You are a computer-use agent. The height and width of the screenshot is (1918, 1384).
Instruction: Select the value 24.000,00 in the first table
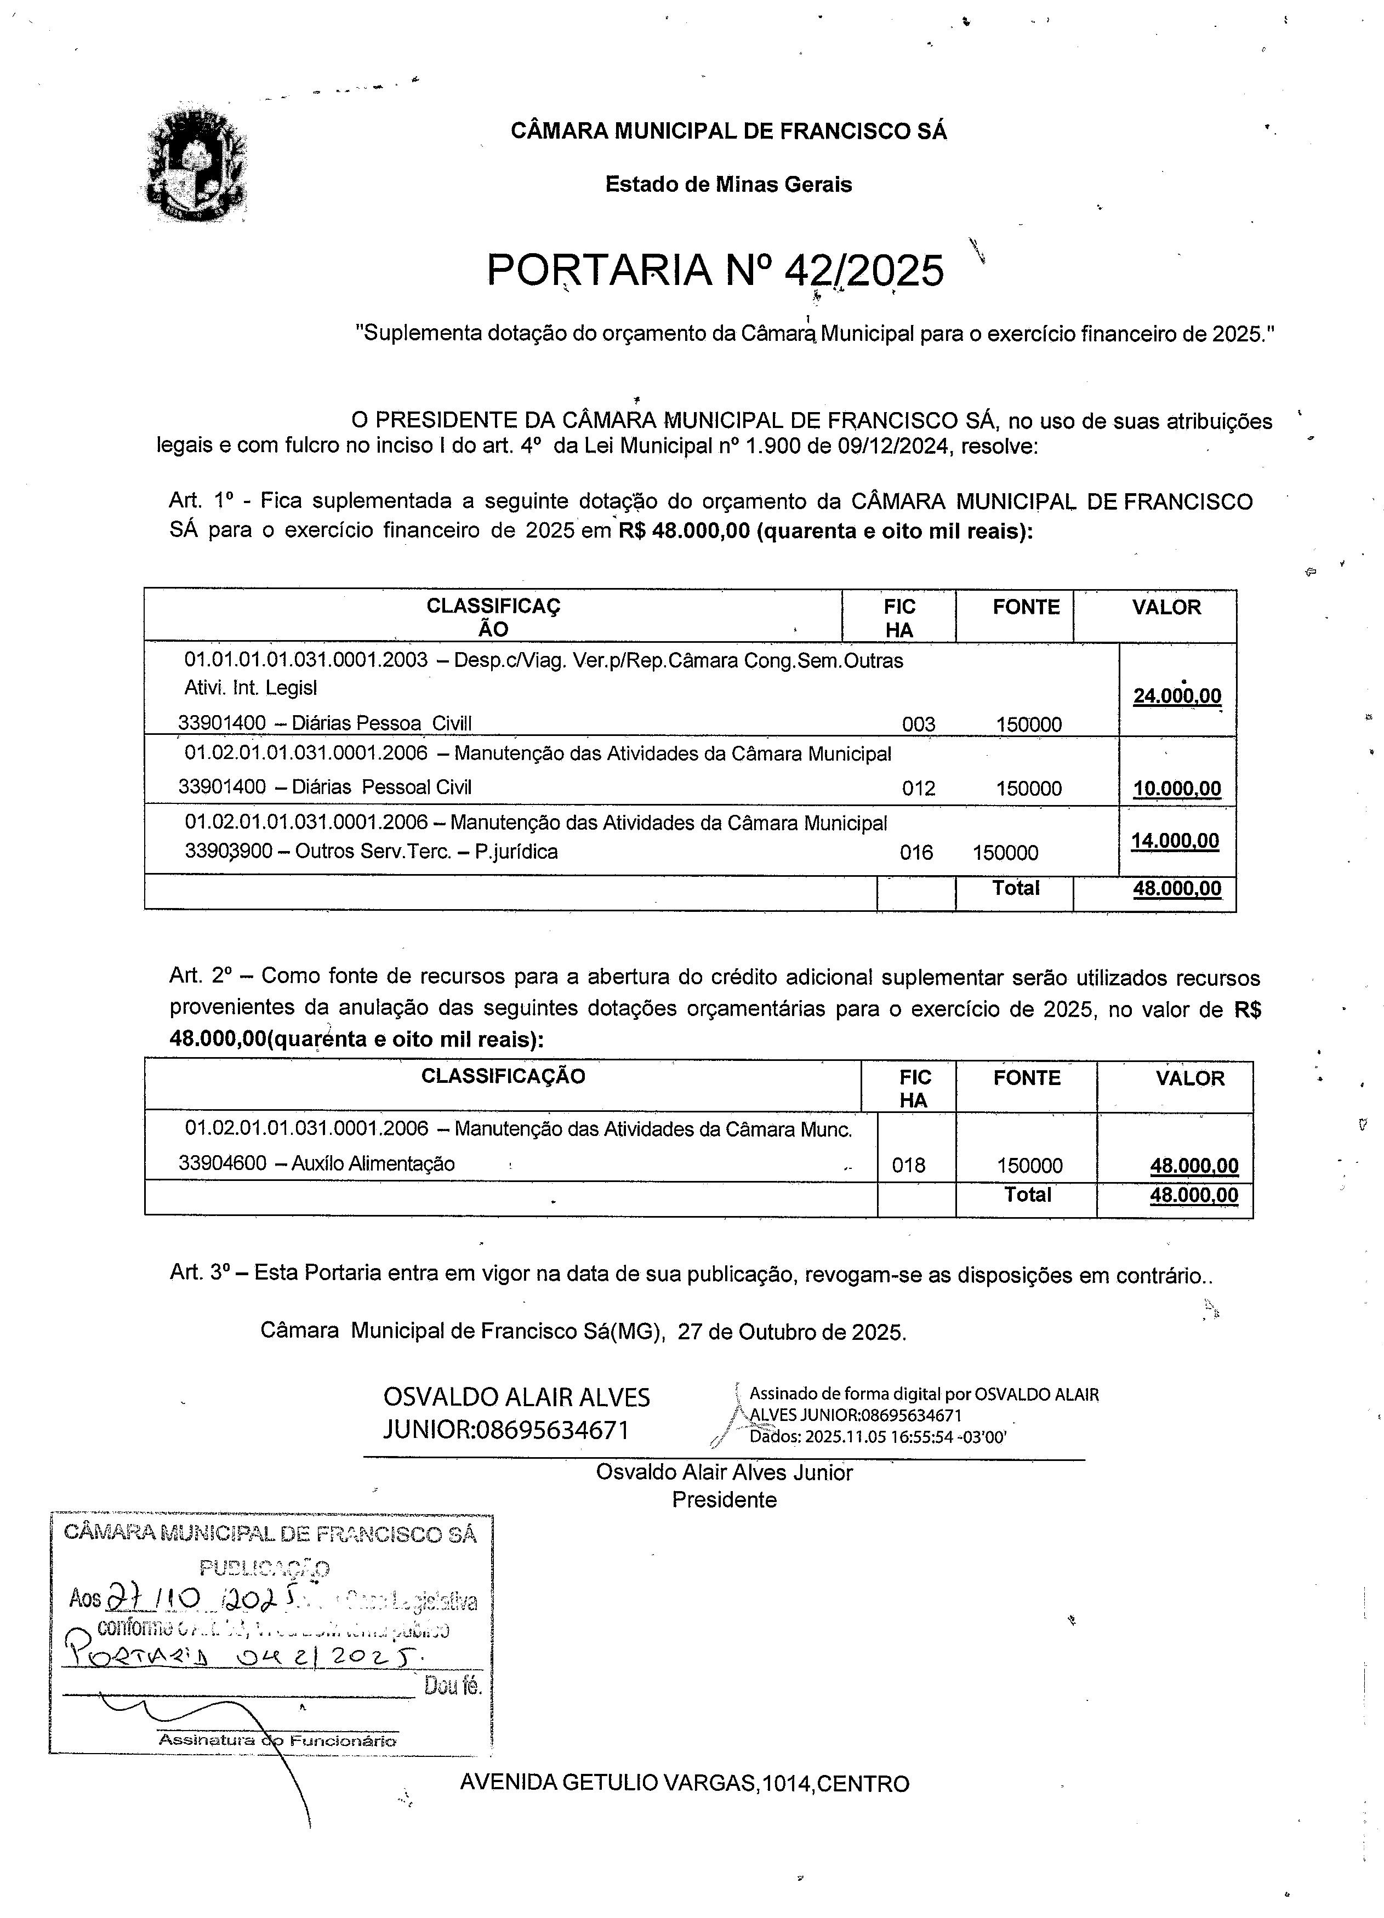pos(1176,696)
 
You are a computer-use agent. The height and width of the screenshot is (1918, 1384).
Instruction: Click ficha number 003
pos(918,724)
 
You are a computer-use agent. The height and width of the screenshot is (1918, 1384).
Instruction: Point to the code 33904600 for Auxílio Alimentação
pos(223,1163)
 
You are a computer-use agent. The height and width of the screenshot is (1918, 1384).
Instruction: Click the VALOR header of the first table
pos(1166,607)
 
